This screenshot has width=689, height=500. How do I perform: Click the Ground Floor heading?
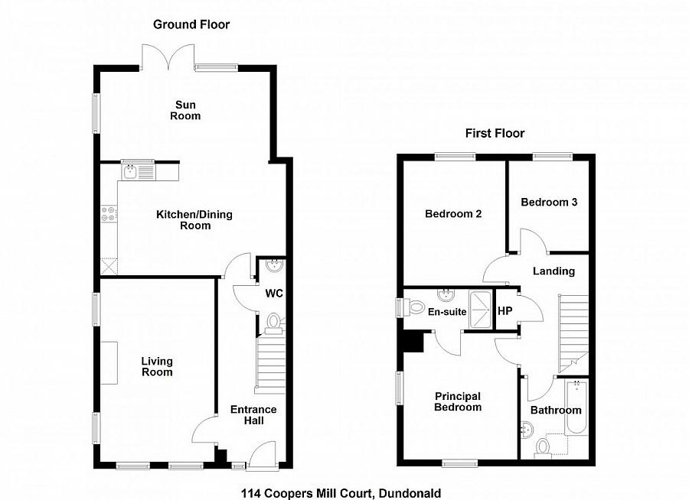[x=191, y=24]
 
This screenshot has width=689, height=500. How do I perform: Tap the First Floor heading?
[x=495, y=134]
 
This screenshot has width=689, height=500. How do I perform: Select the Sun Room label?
[x=187, y=110]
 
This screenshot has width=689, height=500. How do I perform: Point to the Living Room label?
[x=156, y=367]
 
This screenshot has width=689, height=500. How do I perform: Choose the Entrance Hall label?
[x=253, y=415]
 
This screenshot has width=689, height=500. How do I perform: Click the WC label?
[x=274, y=294]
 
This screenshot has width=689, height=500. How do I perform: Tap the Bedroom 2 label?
[x=453, y=214]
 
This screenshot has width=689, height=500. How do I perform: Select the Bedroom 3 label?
[x=549, y=203]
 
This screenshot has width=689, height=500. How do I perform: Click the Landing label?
[x=553, y=271]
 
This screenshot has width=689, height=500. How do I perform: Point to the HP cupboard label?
[x=505, y=311]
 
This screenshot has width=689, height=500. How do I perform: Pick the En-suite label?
[x=448, y=312]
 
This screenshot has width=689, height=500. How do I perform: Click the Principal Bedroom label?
[x=458, y=401]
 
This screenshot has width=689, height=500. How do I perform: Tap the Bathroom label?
[x=557, y=411]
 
